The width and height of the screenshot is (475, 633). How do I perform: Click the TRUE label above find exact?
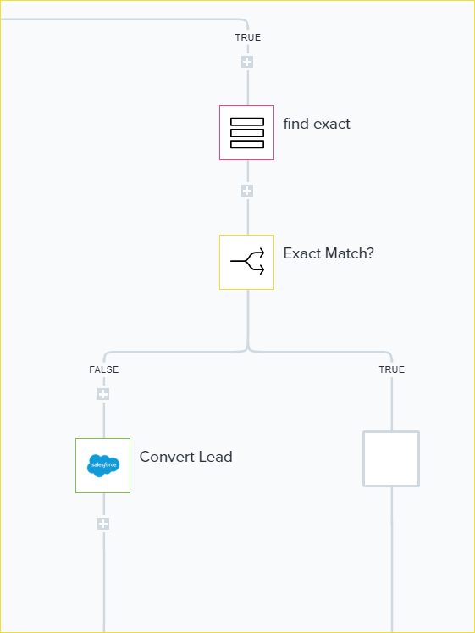coord(247,37)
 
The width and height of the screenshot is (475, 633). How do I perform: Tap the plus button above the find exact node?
coord(247,62)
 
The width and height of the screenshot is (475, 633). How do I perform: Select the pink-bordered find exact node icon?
coord(246,132)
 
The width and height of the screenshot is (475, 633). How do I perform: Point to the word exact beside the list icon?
coord(332,125)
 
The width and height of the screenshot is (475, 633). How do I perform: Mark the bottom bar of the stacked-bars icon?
coord(247,144)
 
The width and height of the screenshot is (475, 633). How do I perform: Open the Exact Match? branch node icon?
coord(246,262)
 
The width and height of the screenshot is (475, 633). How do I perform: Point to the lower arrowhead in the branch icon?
coord(262,270)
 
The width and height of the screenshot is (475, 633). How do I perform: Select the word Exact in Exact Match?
coord(302,253)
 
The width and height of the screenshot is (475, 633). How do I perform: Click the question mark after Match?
coord(369,253)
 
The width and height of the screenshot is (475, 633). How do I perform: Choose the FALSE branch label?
coord(103,369)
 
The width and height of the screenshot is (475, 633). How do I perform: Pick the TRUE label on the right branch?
coord(391,369)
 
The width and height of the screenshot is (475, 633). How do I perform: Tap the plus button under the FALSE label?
coord(103,394)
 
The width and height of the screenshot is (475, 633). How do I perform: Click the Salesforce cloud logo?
coord(103,465)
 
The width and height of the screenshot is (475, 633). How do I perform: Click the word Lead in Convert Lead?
coord(216,457)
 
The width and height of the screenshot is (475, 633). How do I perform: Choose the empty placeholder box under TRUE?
coord(391,458)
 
